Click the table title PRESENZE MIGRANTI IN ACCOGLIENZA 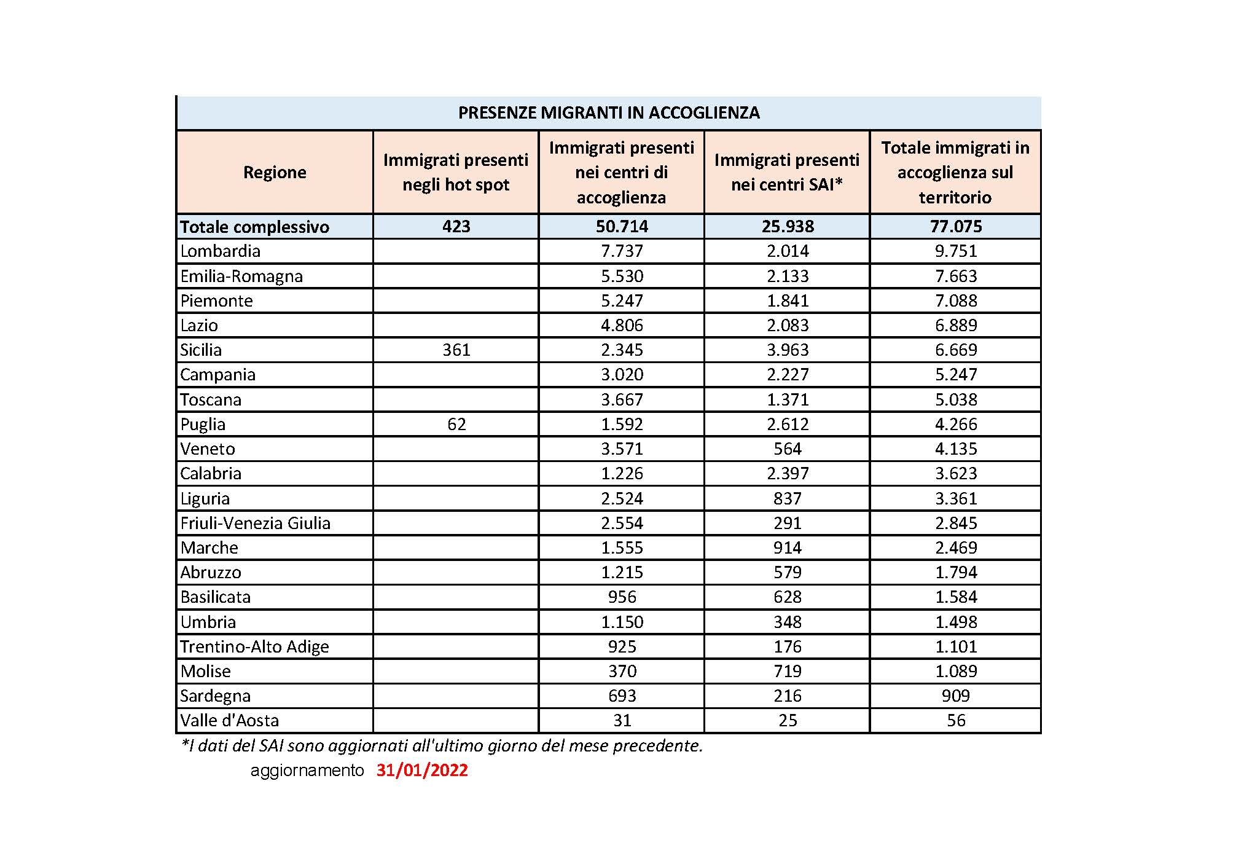(x=609, y=113)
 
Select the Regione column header (x=275, y=173)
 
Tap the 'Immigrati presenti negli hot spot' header (x=456, y=173)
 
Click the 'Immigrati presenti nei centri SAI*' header (x=786, y=173)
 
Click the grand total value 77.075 (x=956, y=227)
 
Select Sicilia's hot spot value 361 (x=456, y=350)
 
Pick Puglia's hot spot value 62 (x=456, y=425)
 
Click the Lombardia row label (x=221, y=251)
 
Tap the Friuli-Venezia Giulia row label (x=255, y=524)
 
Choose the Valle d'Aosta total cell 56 (x=956, y=721)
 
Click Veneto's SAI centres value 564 (x=787, y=449)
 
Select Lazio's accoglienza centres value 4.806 (x=622, y=326)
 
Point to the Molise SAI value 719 (x=787, y=672)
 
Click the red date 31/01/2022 (x=422, y=771)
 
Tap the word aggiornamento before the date (x=307, y=771)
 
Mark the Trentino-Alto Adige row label (x=254, y=647)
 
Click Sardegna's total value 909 (x=956, y=696)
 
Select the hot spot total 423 (x=456, y=227)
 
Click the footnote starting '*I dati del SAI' (x=442, y=746)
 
